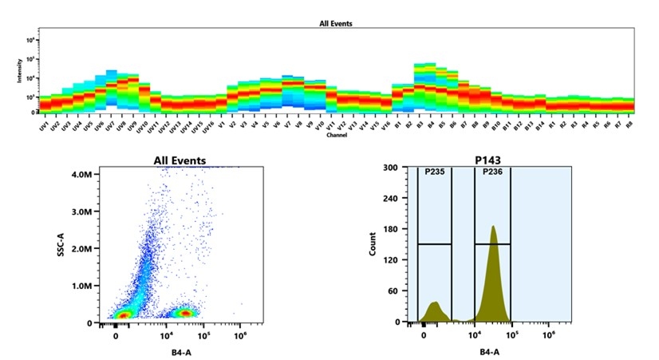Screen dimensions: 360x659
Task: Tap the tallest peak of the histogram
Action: click(x=493, y=227)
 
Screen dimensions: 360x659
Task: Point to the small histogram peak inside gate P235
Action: click(x=434, y=303)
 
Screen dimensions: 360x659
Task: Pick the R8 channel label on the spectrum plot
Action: click(x=629, y=125)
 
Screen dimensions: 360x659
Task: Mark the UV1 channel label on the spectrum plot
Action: click(x=44, y=126)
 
